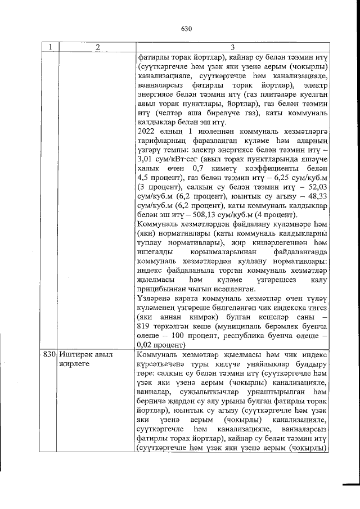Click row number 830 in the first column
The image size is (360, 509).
(49, 355)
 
